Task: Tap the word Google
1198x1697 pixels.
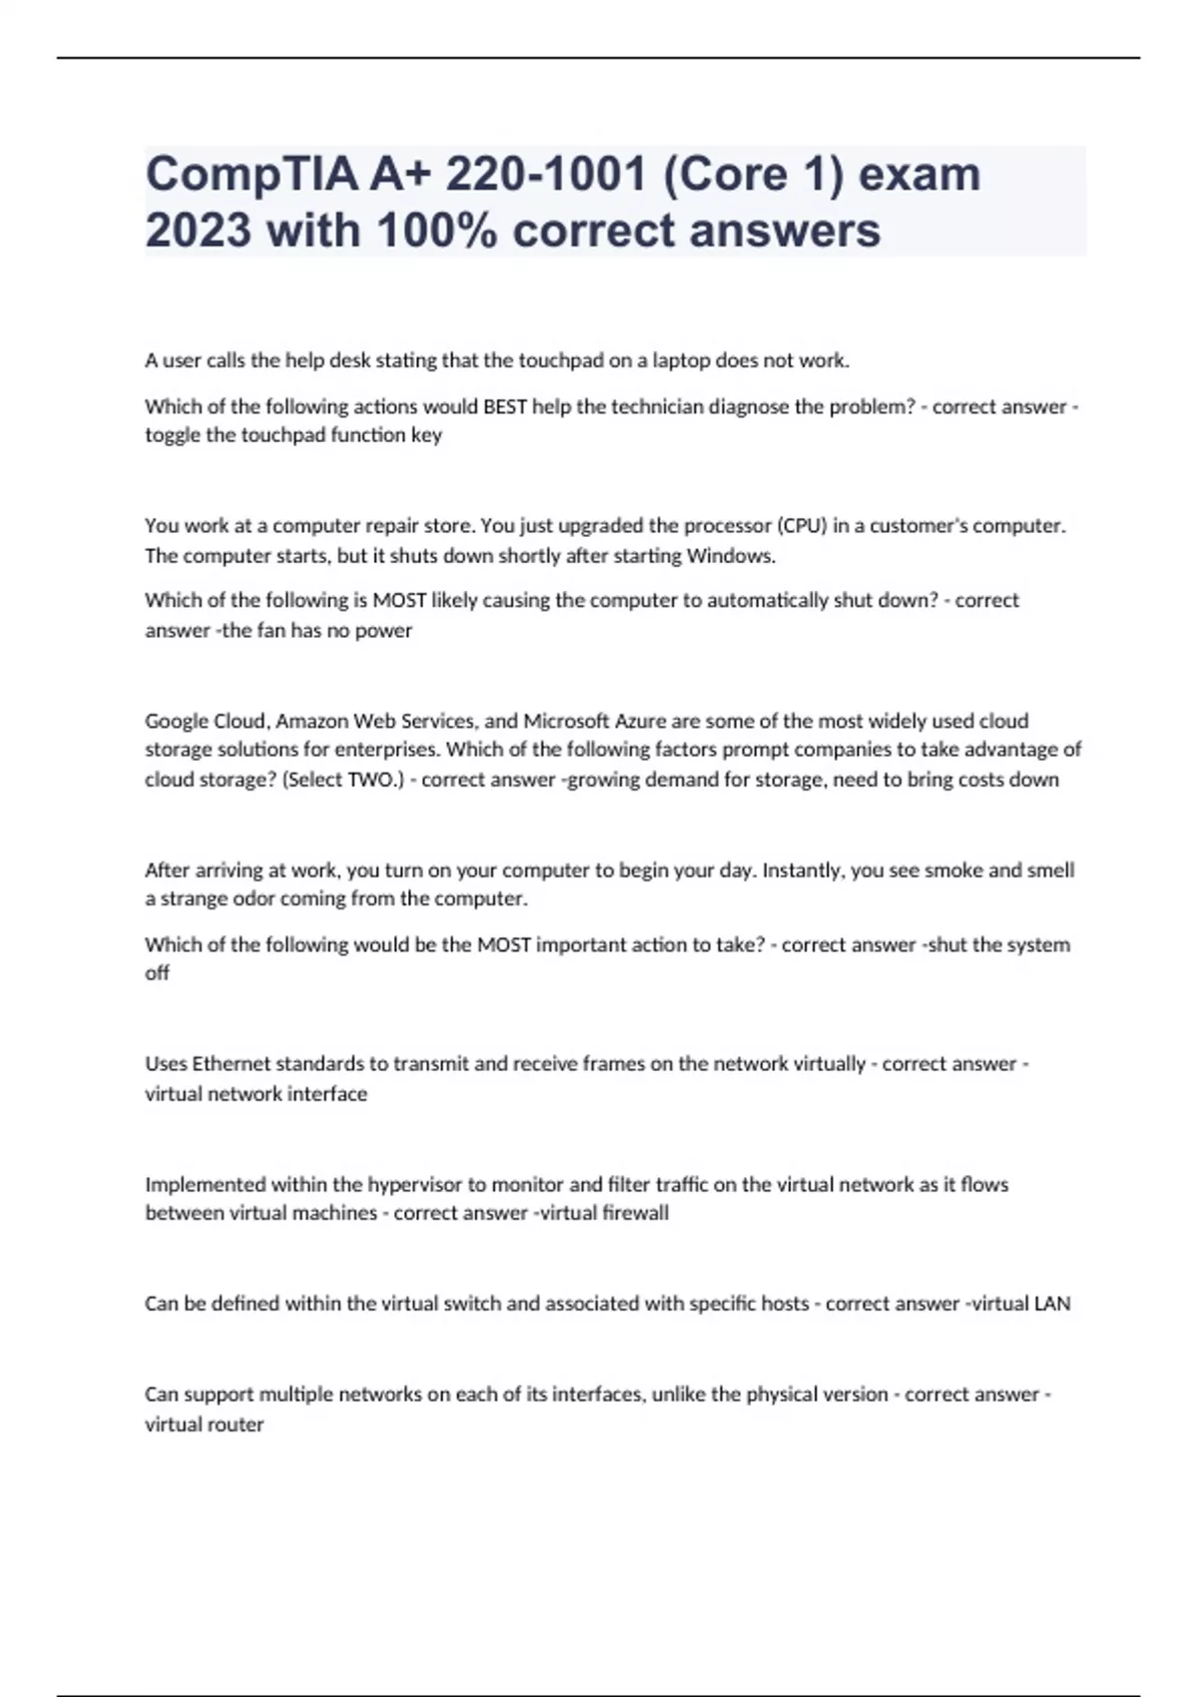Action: click(176, 721)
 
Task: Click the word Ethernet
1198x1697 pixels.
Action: click(231, 1064)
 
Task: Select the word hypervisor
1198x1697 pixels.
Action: click(414, 1185)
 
